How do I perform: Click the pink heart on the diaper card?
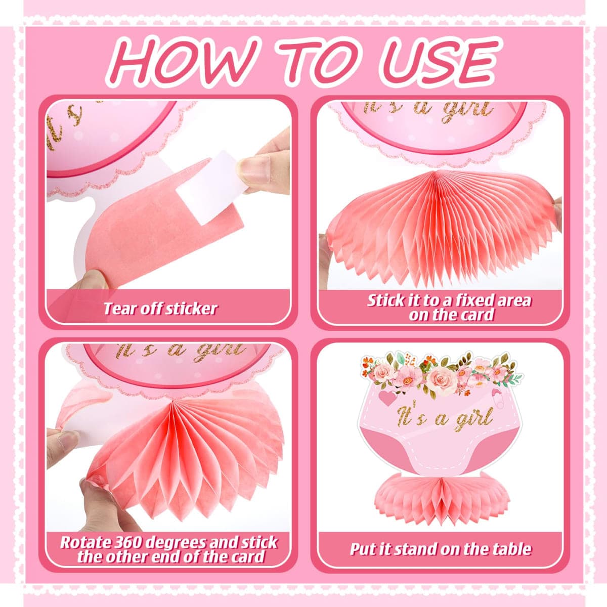click(387, 399)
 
